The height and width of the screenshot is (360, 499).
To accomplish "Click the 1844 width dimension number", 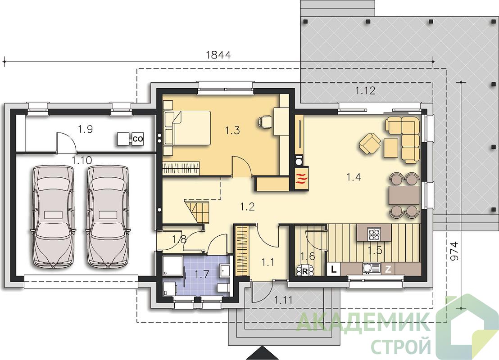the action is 218,55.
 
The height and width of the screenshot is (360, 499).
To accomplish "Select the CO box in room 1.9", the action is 137,139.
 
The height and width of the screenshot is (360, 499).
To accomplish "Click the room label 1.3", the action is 232,130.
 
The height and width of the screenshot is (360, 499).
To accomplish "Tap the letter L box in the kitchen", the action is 334,270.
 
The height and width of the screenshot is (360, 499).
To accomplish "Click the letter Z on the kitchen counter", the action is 388,270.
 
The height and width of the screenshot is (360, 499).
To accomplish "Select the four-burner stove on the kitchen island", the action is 374,234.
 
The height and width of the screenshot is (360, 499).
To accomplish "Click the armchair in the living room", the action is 370,144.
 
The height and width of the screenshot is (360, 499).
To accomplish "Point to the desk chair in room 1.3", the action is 265,122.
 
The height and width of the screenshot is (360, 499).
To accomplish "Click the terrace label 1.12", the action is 365,91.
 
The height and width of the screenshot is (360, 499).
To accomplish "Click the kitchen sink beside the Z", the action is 371,269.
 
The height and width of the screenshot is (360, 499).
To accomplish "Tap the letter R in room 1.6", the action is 304,271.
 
